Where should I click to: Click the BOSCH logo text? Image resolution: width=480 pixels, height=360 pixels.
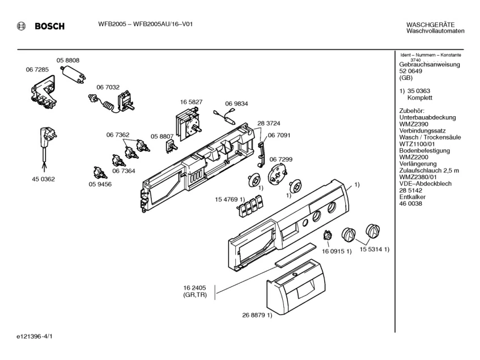pyautogui.click(x=49, y=26)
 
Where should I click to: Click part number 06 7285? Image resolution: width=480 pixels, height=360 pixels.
pyautogui.click(x=37, y=69)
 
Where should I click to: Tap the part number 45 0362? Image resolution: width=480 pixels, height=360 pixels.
pyautogui.click(x=44, y=179)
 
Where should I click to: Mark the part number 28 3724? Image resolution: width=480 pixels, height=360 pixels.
pyautogui.click(x=269, y=123)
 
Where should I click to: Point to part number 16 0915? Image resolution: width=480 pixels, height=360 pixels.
pyautogui.click(x=334, y=251)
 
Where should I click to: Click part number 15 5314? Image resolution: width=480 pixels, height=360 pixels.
pyautogui.click(x=370, y=249)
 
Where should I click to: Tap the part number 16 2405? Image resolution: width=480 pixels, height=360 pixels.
pyautogui.click(x=194, y=287)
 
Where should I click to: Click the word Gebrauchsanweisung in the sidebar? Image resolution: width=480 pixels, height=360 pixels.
pyautogui.click(x=430, y=65)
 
